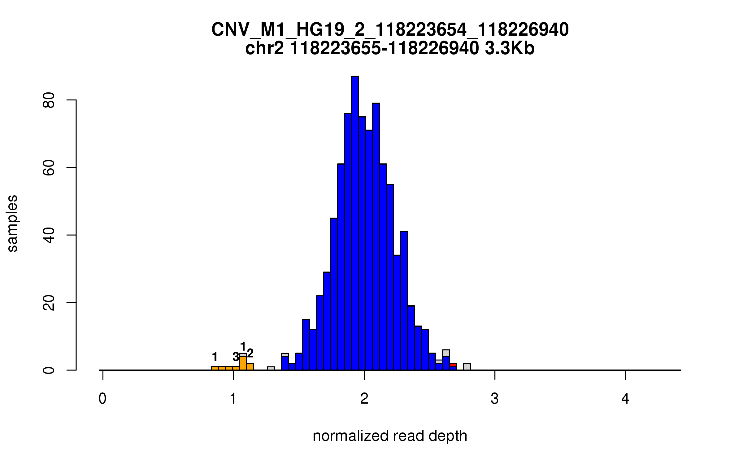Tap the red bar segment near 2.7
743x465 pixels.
coord(453,365)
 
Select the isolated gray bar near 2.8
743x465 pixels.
coord(467,367)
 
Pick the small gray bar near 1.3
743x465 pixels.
coord(271,368)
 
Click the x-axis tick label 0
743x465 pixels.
coord(102,399)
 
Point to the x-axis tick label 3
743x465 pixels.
coord(494,399)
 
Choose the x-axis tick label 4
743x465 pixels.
coord(625,399)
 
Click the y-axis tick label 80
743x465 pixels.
coord(49,100)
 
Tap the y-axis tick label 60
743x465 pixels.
coord(49,168)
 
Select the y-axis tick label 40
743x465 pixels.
coord(49,235)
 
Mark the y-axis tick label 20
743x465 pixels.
coord(49,303)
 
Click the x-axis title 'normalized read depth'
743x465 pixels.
coord(390,436)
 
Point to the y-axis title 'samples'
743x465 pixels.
coord(12,223)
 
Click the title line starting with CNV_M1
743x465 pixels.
coord(390,30)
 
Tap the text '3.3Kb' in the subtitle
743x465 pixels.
coord(510,48)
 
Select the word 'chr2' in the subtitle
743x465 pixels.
coord(264,48)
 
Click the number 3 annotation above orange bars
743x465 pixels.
coord(236,357)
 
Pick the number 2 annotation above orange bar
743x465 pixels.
coord(250,353)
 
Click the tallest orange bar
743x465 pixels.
coord(243,363)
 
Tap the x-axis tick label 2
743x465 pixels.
coord(364,399)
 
